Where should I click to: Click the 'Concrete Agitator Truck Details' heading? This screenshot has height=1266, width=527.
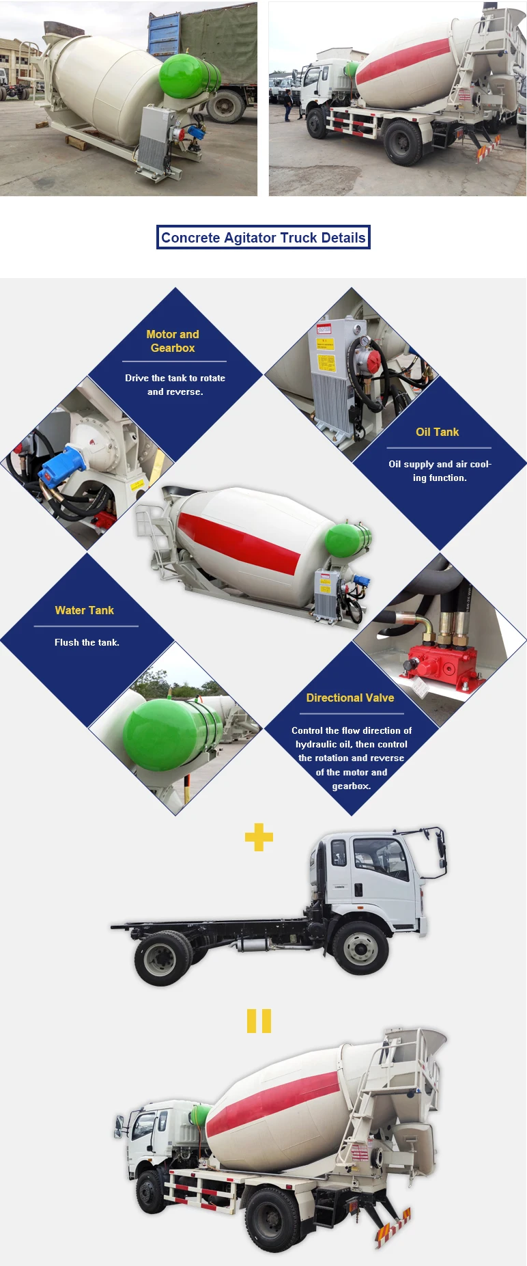(263, 238)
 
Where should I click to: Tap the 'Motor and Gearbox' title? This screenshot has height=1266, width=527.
(173, 341)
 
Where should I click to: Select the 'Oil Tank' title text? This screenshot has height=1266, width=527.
(437, 432)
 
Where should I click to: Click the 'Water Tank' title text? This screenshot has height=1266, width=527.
(85, 610)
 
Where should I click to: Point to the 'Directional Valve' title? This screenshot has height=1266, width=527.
(350, 698)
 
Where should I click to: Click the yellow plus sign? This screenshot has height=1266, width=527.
(259, 837)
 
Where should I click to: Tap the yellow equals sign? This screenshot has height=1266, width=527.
(259, 1021)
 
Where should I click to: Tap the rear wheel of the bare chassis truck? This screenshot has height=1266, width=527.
(162, 958)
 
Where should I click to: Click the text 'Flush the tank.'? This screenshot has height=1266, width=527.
(87, 642)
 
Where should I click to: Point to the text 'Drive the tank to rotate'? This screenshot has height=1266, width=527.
(175, 378)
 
